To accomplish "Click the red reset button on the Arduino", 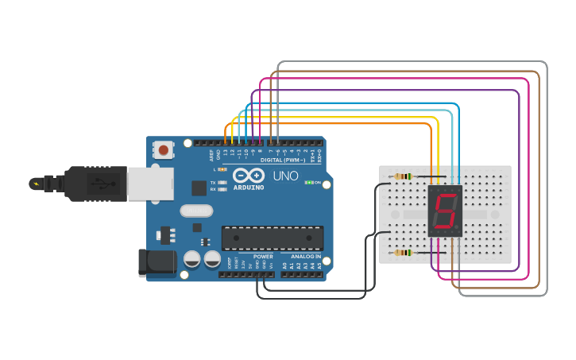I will coord(164,149).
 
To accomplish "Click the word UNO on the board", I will coord(285,176).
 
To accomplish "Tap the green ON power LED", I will coord(308,183).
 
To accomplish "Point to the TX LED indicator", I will coord(222,183).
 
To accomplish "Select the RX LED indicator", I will coord(222,190).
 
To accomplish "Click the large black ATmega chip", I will coord(273,237).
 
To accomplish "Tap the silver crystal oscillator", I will coord(196,211).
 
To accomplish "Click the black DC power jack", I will coord(156,264).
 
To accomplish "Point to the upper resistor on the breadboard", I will coord(404,176).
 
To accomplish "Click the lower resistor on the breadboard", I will coord(404,253).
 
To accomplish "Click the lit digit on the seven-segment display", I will coord(445,211).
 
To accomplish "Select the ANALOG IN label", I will coord(306,257).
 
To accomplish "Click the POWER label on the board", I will coord(263,257).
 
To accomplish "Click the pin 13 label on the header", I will coord(225,152).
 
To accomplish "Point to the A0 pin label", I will coord(284,265).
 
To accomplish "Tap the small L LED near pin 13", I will coord(222,169).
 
